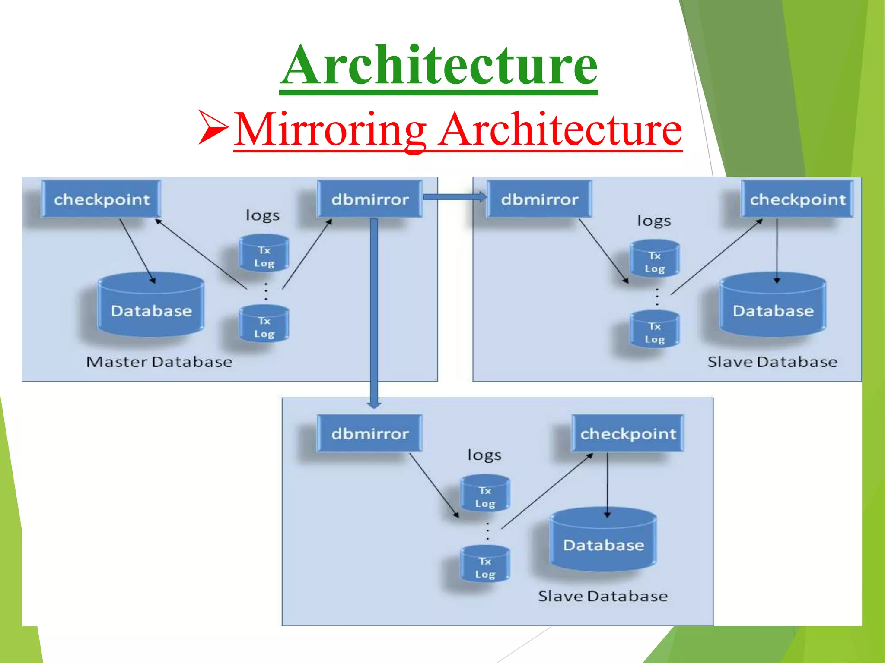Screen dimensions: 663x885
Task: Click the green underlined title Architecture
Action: point(439,66)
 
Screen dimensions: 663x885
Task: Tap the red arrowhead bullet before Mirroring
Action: point(213,127)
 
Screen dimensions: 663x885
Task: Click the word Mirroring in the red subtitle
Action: point(331,129)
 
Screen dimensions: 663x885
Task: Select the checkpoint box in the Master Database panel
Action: point(102,199)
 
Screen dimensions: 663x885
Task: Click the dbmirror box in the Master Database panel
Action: point(370,199)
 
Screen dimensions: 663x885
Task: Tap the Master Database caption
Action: point(159,362)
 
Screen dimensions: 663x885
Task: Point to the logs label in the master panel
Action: point(262,215)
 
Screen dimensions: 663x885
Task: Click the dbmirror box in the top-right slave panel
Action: point(539,199)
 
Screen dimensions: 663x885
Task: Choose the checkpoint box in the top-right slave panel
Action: point(797,199)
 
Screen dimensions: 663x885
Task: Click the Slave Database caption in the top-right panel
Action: point(772,362)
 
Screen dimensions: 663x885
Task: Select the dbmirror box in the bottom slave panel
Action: point(370,433)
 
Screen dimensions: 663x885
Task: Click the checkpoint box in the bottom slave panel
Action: point(628,433)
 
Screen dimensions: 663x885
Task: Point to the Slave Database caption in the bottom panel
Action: point(603,596)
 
